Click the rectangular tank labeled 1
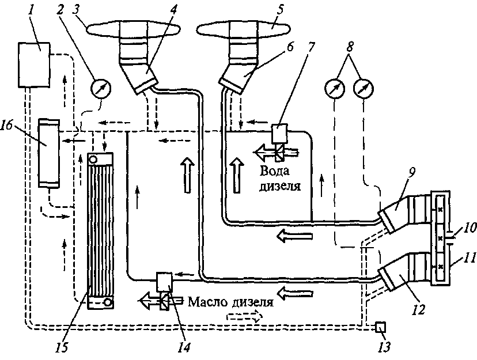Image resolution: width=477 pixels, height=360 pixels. click(x=34, y=65)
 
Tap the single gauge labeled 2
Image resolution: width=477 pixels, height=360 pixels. click(x=101, y=89)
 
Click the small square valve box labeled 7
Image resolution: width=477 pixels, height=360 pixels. click(x=279, y=133)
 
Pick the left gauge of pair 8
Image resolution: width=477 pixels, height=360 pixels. click(x=335, y=89)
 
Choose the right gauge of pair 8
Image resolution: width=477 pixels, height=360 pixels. click(x=364, y=89)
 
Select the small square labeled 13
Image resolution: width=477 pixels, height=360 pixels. click(x=381, y=327)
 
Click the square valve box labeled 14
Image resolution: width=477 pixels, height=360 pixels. click(x=164, y=282)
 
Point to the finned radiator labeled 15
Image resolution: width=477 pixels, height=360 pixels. click(x=100, y=231)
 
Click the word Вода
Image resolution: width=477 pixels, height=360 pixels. click(x=275, y=171)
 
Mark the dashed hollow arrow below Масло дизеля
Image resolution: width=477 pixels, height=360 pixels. click(x=244, y=316)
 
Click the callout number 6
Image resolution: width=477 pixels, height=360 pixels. click(x=290, y=47)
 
